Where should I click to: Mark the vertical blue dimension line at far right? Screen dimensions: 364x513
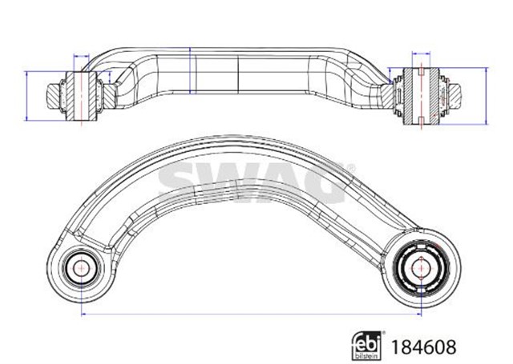pos(487,94)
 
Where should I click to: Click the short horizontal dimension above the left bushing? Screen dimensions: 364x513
pos(83,56)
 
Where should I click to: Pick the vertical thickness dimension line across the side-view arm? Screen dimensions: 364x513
pos(190,74)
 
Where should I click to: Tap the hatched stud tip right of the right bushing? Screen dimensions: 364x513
pos(455,95)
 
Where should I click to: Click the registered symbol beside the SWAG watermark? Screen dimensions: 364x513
pos(349,167)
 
